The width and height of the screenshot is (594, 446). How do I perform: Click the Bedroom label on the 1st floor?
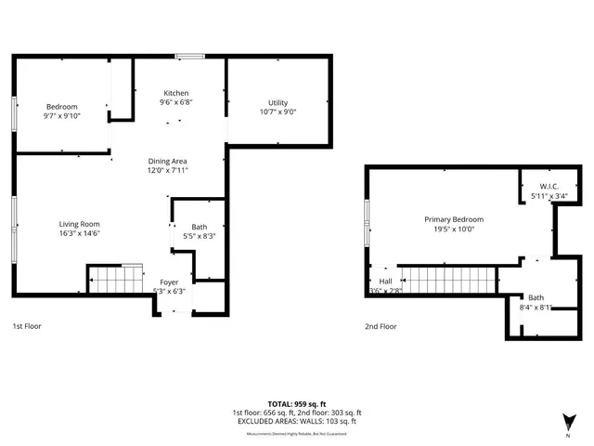[x=61, y=107]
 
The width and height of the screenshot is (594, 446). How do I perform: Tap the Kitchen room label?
[x=176, y=94]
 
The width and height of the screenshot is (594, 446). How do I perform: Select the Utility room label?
[x=278, y=102]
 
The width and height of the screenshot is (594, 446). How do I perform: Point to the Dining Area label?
[x=168, y=162]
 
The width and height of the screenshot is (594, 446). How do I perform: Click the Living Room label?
[x=79, y=224]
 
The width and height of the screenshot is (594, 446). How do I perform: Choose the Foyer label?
[x=169, y=282]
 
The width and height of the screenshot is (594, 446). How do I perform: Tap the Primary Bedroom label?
[x=454, y=219]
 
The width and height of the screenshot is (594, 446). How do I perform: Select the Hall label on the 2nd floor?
[x=385, y=282]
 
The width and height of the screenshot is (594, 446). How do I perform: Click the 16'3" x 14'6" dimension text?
[x=79, y=233]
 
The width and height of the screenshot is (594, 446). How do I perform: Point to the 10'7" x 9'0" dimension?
[x=278, y=111]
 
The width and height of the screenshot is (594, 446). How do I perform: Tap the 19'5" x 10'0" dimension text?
[x=454, y=229]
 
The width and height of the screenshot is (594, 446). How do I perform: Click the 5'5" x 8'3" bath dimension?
[x=200, y=237]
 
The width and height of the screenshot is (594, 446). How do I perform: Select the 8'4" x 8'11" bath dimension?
[x=536, y=307]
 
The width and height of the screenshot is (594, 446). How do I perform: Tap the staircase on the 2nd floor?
[x=449, y=279]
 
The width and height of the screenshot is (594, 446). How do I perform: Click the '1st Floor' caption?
[x=27, y=326]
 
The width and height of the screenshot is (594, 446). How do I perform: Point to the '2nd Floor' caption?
[x=381, y=326]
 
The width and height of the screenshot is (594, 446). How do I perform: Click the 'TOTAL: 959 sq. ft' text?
[x=296, y=404]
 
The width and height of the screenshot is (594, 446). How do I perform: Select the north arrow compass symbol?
[x=568, y=422]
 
